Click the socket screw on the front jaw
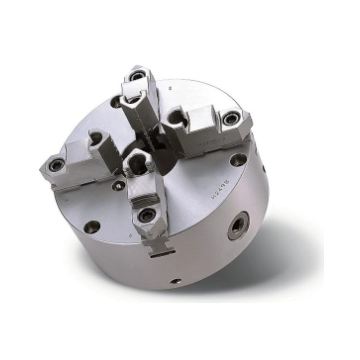click(x=147, y=215)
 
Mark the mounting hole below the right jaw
click(x=238, y=160)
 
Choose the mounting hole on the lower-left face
click(x=92, y=227)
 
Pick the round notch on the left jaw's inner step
click(x=96, y=138)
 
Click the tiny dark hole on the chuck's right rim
click(x=264, y=168)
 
